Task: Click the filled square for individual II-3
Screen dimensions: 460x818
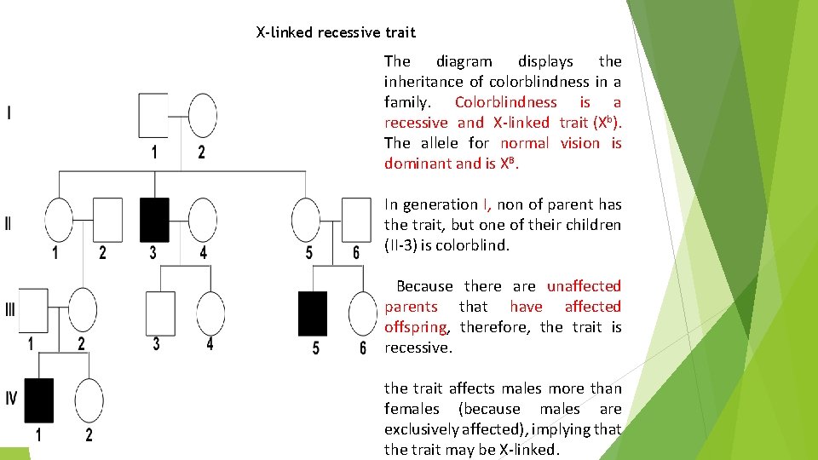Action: [154, 219]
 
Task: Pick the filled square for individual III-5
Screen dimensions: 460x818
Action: [312, 313]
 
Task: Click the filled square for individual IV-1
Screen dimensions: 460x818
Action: [38, 400]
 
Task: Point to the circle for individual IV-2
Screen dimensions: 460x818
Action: [89, 400]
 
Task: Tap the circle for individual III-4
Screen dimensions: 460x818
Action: [210, 313]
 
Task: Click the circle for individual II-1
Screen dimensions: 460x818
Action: [59, 219]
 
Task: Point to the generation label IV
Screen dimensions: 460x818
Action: [9, 398]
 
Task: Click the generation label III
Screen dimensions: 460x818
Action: [9, 310]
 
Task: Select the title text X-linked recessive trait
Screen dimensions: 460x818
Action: [336, 32]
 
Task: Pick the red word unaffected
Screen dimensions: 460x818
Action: [584, 286]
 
